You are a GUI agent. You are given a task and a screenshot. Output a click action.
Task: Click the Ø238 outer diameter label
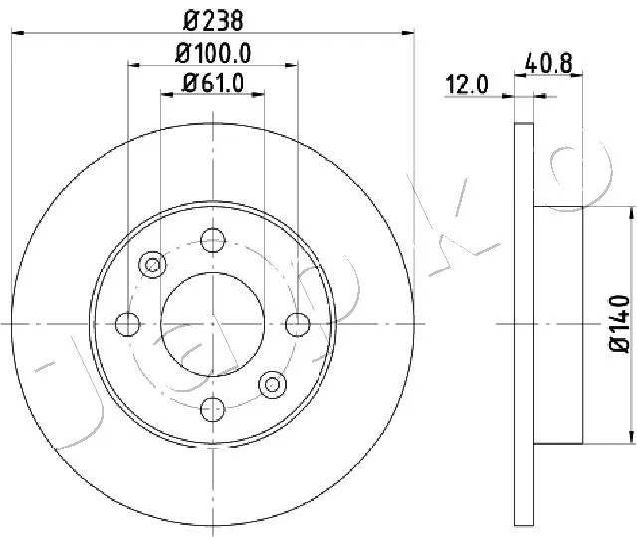tap(213, 20)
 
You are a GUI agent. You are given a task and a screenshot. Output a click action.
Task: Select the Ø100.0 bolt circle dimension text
tap(213, 53)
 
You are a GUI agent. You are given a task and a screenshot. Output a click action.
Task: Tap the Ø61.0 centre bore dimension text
tap(213, 84)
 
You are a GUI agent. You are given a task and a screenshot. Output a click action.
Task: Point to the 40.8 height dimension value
tap(548, 63)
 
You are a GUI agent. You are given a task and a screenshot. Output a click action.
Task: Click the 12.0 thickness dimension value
tap(467, 85)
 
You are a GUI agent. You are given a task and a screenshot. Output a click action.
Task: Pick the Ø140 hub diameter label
tap(620, 324)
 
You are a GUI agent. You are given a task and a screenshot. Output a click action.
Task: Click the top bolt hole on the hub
tap(213, 240)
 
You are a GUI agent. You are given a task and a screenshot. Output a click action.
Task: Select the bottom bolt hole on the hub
tap(213, 409)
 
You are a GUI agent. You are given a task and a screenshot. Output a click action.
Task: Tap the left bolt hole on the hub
tap(128, 324)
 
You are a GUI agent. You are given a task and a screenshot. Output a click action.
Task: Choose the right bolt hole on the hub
tap(298, 324)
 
